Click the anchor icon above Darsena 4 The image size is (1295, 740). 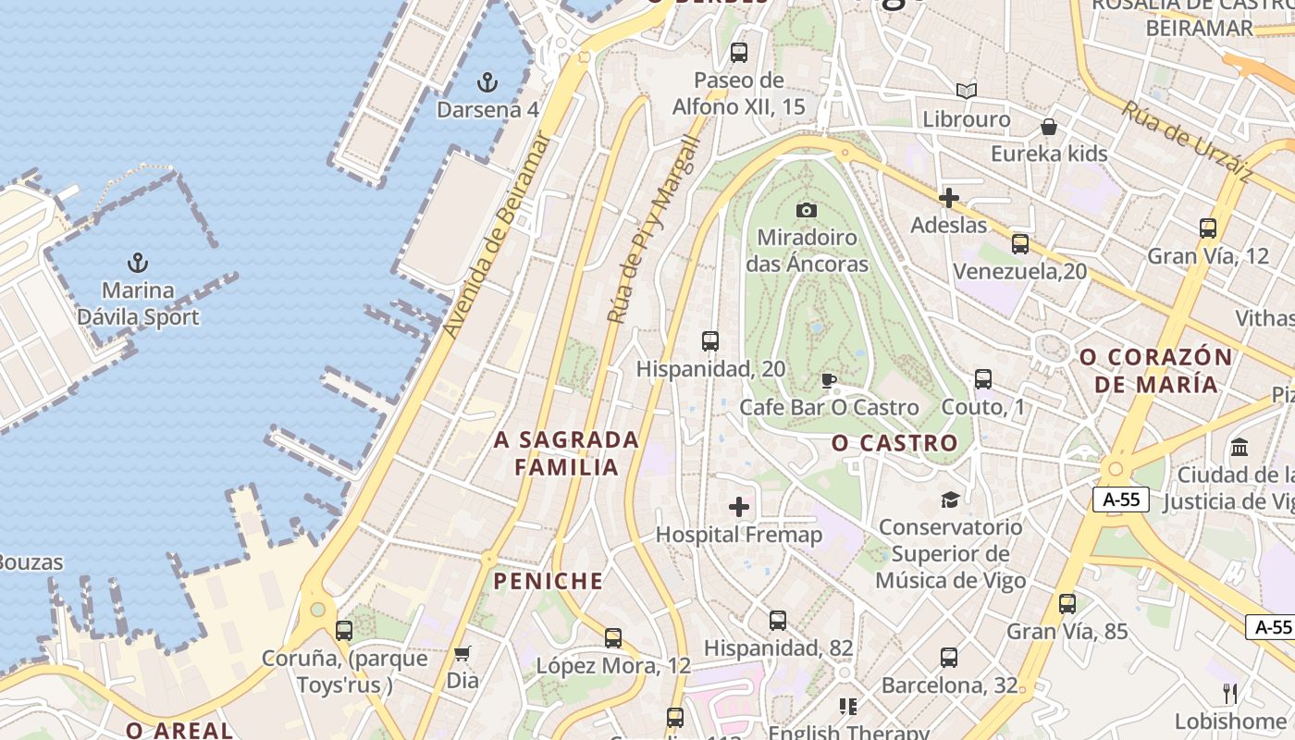487,82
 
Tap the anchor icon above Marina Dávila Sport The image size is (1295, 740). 138,263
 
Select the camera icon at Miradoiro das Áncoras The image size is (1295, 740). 807,210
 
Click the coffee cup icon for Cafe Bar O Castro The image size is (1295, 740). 829,380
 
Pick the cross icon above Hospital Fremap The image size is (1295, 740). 739,506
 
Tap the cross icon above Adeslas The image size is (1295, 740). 948,197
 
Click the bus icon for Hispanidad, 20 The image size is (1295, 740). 710,341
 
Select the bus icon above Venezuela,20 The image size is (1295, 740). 1020,244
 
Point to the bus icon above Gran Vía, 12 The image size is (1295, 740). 1207,228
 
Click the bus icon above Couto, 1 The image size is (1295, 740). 983,379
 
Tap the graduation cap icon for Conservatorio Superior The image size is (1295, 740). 950,500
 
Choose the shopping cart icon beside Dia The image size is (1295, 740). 462,653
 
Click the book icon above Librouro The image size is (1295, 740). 967,91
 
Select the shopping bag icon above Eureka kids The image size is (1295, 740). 1049,126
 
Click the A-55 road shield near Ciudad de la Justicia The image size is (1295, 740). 1121,499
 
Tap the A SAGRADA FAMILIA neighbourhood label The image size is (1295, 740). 566,453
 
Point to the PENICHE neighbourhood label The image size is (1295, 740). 549,581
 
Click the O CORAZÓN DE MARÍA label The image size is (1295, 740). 1156,370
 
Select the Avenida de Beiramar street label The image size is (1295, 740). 498,236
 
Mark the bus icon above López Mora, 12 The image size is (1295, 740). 613,637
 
